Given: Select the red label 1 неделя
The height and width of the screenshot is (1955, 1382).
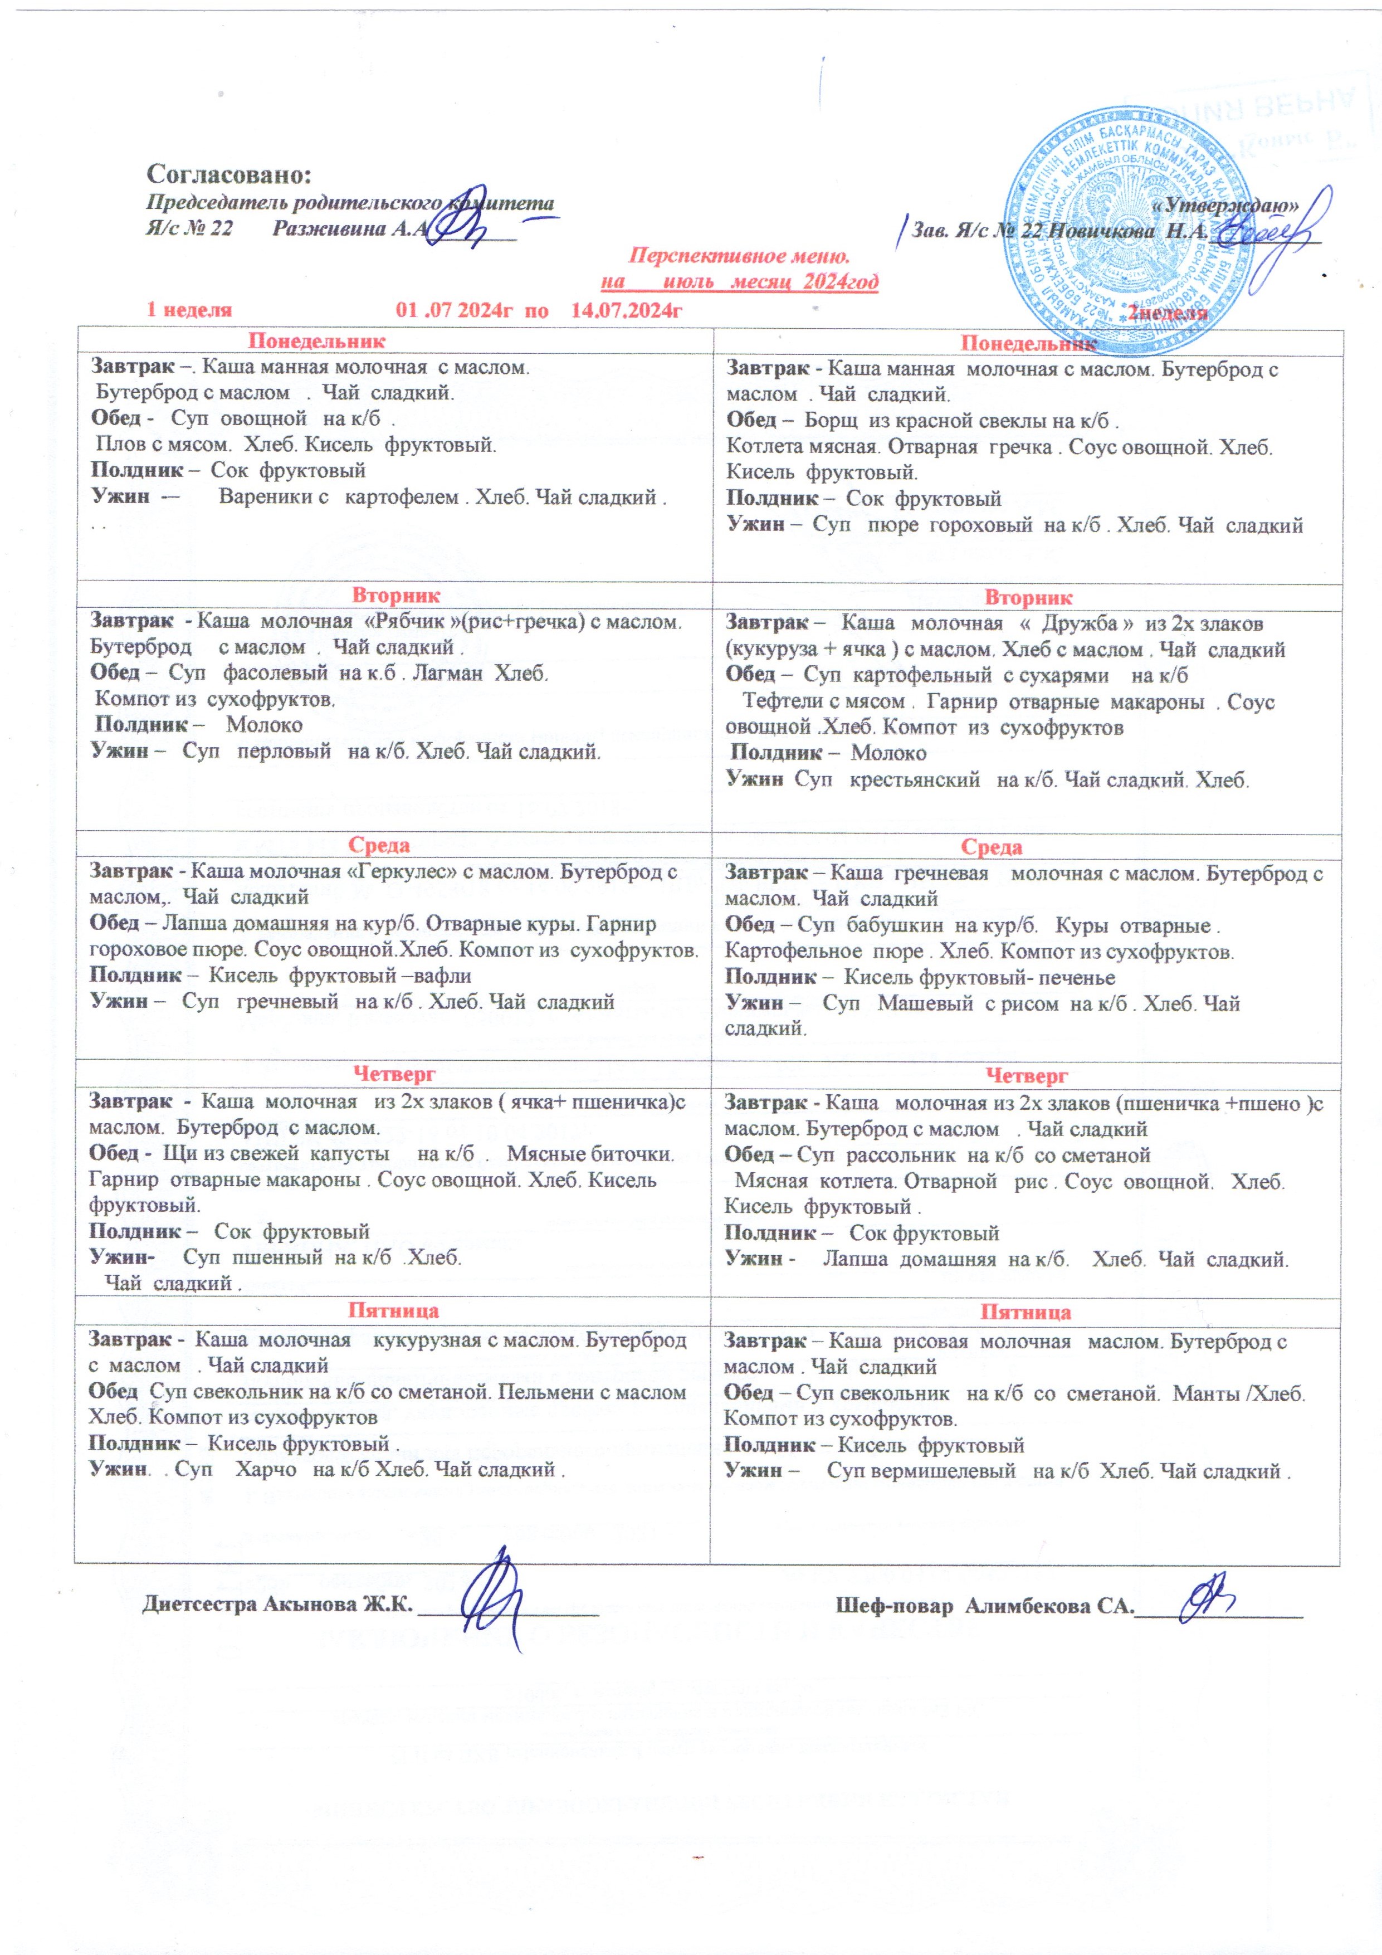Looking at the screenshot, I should pos(189,310).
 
